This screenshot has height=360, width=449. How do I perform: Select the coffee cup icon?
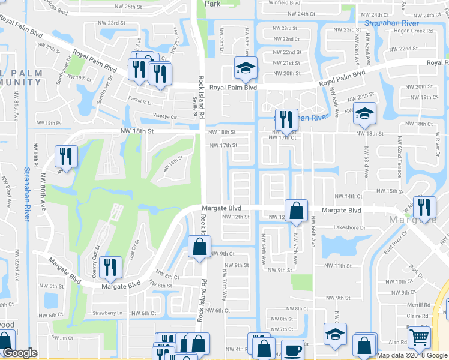click(292, 349)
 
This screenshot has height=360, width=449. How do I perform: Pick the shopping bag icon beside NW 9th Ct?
click(199, 246)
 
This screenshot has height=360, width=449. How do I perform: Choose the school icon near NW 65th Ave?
click(364, 113)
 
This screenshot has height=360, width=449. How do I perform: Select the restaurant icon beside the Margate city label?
click(424, 207)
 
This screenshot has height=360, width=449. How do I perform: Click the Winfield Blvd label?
click(285, 3)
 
